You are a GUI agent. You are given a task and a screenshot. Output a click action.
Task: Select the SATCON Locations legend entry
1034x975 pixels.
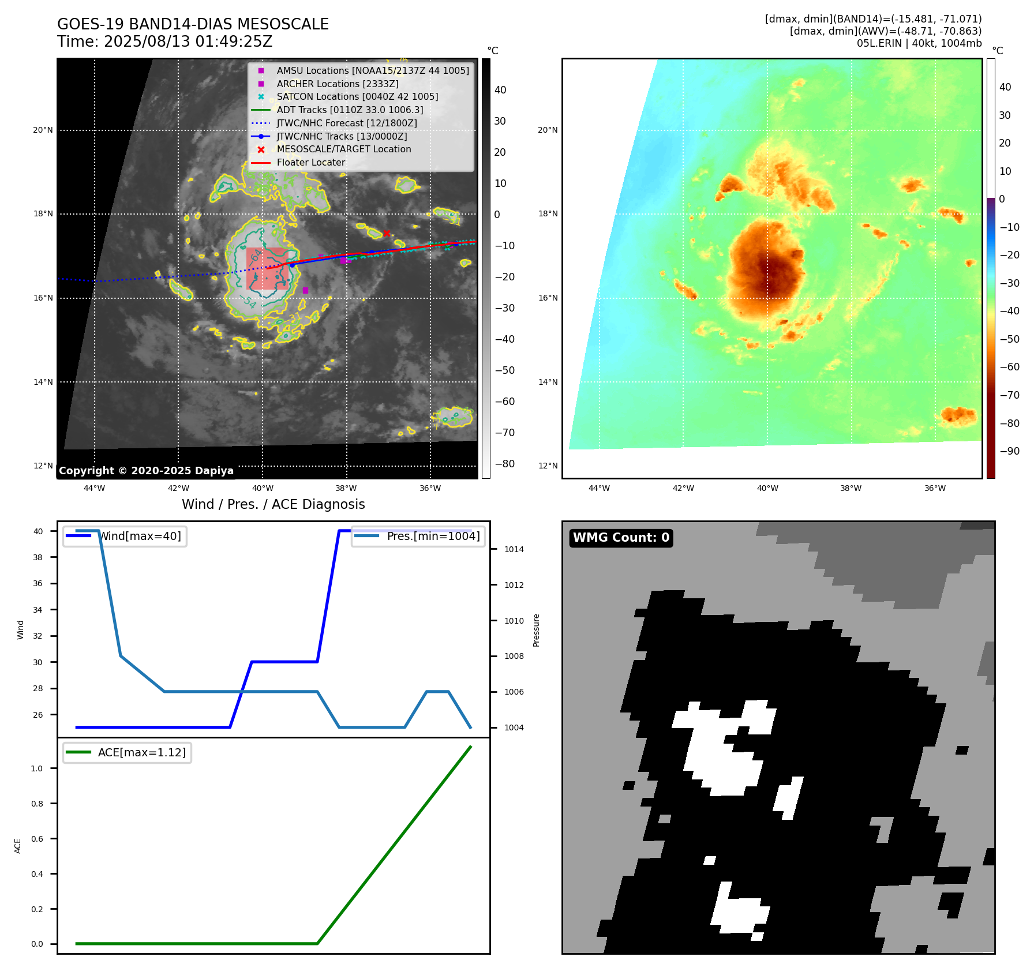357,96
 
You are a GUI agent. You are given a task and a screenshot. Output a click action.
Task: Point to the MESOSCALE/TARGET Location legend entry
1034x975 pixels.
343,149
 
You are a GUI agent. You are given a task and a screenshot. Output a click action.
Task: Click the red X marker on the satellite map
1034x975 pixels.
387,233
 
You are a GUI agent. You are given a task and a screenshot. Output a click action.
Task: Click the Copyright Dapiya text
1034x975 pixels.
146,471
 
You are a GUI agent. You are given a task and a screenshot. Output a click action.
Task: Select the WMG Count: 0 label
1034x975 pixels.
621,538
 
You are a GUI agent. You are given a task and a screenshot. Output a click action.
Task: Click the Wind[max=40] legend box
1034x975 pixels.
125,536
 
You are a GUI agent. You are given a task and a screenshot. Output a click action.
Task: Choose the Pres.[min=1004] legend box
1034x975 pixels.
418,536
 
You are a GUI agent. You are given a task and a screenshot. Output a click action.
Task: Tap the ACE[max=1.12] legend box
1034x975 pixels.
127,752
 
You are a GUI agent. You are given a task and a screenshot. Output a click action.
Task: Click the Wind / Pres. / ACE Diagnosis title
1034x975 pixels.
273,504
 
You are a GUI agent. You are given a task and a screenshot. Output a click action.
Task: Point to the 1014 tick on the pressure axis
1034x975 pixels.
514,549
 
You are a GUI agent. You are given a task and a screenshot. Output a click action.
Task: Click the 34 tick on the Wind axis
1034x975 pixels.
38,610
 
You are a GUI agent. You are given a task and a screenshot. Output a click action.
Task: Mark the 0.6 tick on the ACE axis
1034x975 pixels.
37,839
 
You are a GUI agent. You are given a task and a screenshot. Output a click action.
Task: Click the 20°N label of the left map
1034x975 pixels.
43,130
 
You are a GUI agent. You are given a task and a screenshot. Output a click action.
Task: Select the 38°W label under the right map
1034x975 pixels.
851,488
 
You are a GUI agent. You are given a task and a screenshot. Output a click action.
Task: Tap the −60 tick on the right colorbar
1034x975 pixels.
1009,367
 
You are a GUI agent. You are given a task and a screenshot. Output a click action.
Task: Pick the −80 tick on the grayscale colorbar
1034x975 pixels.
504,464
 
